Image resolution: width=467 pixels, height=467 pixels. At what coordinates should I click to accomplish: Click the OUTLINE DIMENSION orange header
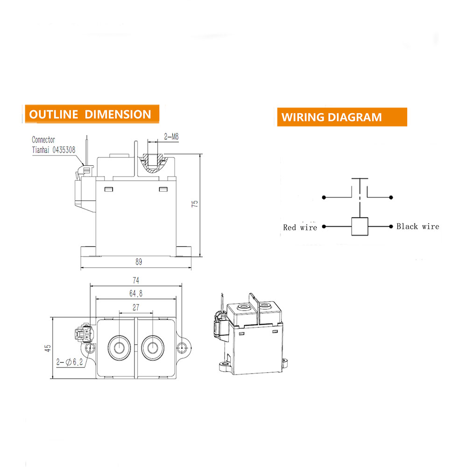point(91,114)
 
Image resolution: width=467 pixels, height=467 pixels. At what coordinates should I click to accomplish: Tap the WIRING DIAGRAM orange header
point(332,117)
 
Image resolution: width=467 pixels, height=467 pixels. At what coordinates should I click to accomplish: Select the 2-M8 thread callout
point(171,137)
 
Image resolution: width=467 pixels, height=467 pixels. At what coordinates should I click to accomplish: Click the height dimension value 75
point(195,204)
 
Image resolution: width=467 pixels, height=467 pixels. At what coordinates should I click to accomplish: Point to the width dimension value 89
point(138,262)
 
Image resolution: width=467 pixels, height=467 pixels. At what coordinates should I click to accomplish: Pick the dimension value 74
point(136,281)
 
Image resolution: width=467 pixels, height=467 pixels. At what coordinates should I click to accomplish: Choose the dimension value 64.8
point(136,293)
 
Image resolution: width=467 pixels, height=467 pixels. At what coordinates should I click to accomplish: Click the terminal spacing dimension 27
point(136,308)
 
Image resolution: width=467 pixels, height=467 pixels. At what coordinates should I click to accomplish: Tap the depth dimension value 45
point(48,348)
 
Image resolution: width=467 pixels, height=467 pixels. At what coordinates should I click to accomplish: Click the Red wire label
point(300,227)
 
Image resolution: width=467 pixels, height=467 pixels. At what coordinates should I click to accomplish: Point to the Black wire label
point(417,226)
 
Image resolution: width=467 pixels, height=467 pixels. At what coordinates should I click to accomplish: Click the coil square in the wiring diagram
point(360,226)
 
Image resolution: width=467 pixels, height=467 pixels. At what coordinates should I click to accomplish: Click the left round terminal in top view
point(118,348)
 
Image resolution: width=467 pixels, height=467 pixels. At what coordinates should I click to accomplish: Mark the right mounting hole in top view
point(183,347)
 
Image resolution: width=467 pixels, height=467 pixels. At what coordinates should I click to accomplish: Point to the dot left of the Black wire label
point(391,226)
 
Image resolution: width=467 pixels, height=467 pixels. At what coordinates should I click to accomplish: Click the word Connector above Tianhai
point(43,140)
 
